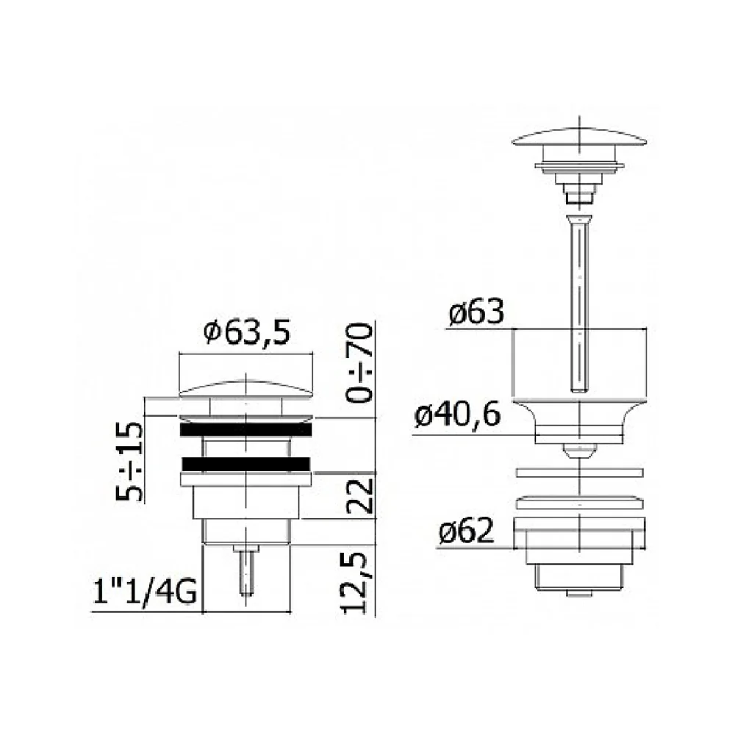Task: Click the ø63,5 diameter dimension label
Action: tap(247, 332)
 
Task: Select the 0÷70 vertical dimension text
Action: tap(359, 362)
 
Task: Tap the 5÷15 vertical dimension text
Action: tap(129, 462)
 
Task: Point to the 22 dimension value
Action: tap(359, 495)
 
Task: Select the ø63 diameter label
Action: tap(476, 311)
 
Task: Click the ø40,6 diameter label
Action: tap(457, 415)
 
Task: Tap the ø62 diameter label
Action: tap(467, 531)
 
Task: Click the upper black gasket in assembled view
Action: tap(245, 429)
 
